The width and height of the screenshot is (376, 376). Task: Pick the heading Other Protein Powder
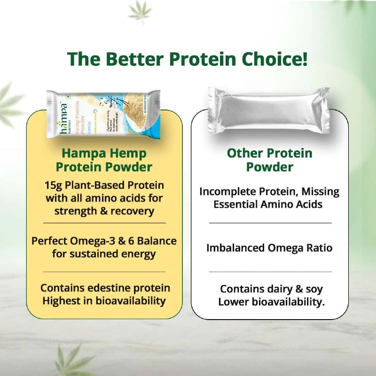(x=269, y=160)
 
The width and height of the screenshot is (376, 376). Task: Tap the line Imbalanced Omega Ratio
(x=269, y=248)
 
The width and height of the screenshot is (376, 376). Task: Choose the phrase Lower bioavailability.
(x=271, y=302)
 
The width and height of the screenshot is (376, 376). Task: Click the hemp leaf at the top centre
(x=140, y=12)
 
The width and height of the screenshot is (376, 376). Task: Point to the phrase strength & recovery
(x=104, y=211)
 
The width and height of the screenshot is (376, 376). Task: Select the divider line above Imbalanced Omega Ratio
(x=270, y=223)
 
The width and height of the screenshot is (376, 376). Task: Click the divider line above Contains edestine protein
(x=104, y=272)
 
